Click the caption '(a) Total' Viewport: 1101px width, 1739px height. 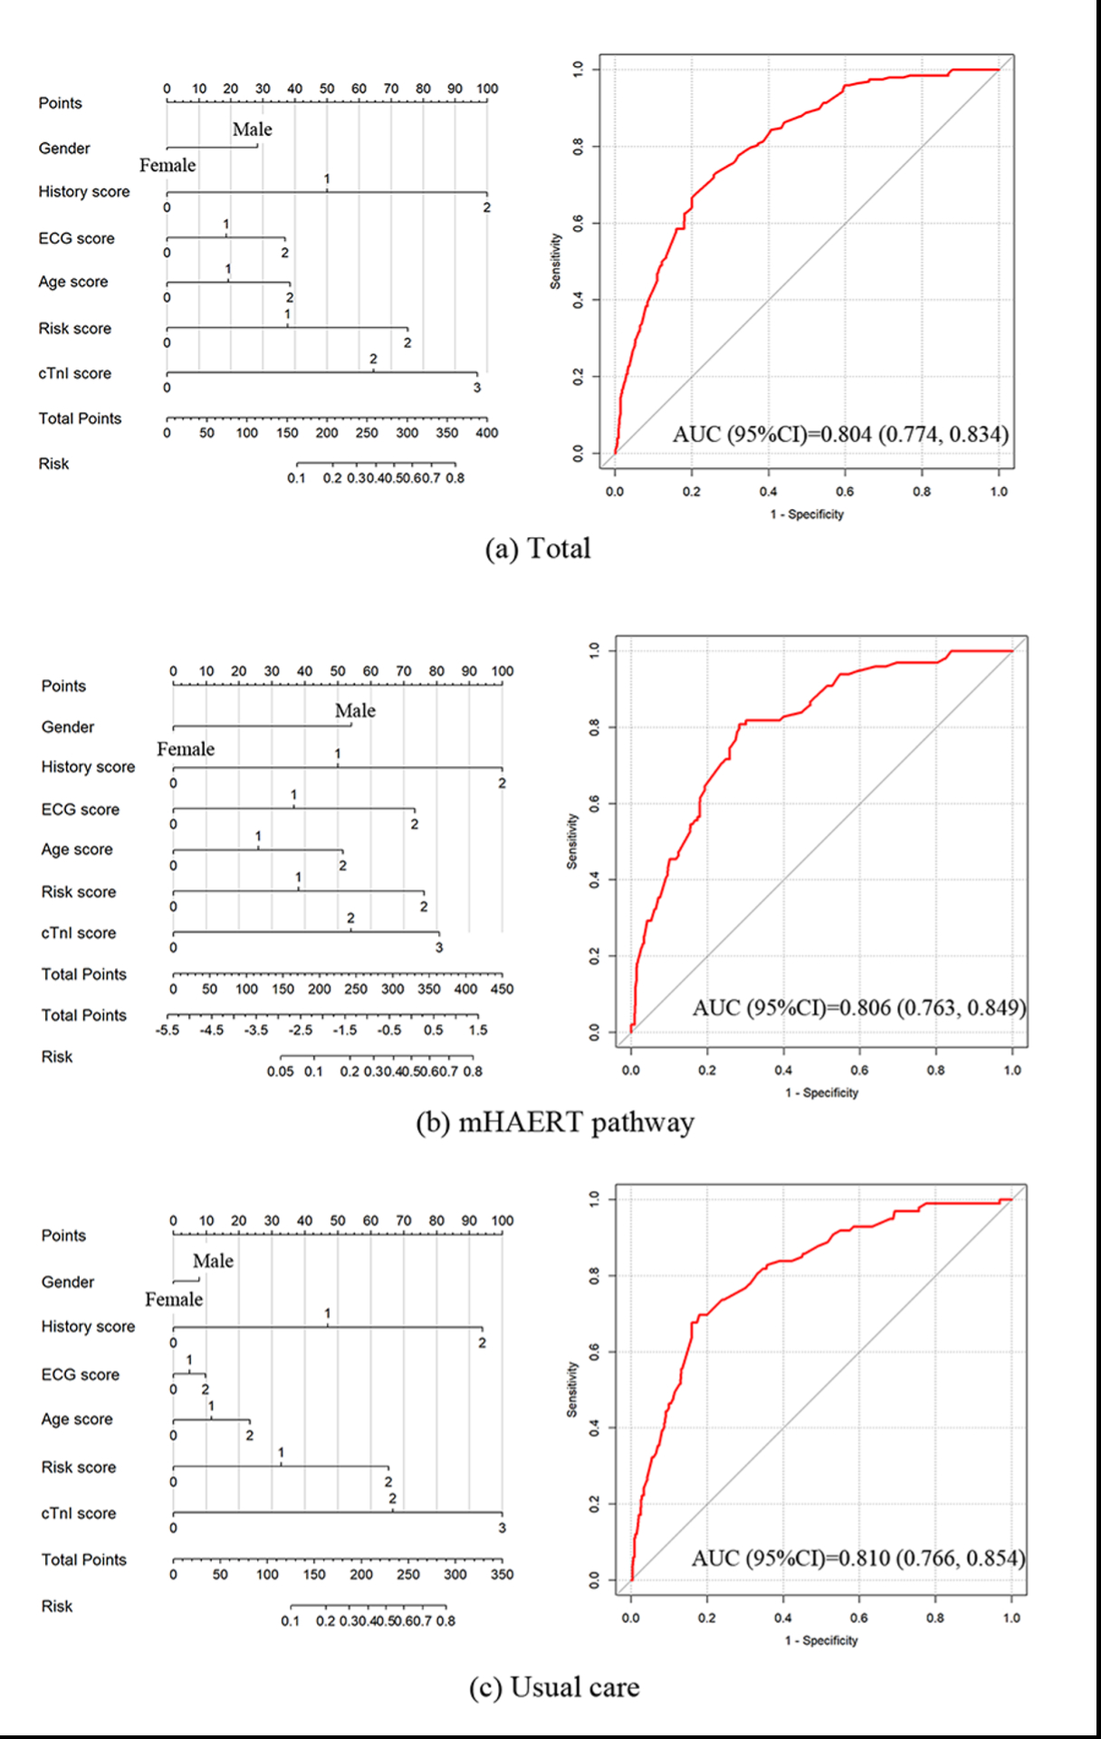tap(538, 549)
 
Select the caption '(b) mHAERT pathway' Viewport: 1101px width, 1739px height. tap(554, 1123)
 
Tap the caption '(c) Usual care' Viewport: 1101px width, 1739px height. tap(554, 1687)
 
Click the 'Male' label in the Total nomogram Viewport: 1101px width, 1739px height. tap(252, 130)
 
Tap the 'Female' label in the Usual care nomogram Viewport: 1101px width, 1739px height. tap(174, 1300)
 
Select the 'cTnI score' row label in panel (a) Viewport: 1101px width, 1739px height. tap(74, 373)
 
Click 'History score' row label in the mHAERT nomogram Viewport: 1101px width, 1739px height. tap(88, 767)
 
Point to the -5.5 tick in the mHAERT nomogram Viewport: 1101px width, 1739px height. tap(168, 1030)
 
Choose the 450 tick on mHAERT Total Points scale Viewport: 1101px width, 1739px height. tap(502, 989)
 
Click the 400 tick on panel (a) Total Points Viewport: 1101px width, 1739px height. tap(486, 433)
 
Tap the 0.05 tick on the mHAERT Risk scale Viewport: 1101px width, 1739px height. tap(281, 1071)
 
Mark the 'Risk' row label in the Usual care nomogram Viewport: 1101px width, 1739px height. tap(56, 1606)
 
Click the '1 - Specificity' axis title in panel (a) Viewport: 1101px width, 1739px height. tap(807, 514)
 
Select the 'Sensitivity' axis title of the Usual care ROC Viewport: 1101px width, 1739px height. tap(571, 1389)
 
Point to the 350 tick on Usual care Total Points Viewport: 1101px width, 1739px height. tap(502, 1574)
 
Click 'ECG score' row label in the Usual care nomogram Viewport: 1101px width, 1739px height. tap(80, 1375)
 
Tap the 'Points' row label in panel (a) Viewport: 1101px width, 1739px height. tap(60, 103)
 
